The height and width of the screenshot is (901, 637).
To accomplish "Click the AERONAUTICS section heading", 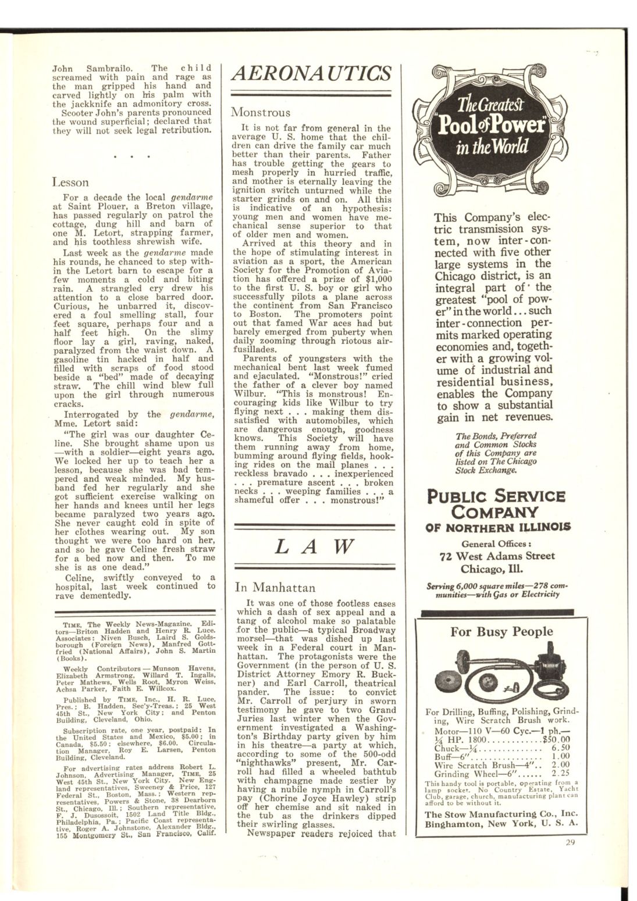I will pyautogui.click(x=311, y=73).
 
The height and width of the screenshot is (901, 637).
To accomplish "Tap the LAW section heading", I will pyautogui.click(x=314, y=546).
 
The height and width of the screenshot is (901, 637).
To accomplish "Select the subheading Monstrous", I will pyautogui.click(x=260, y=112).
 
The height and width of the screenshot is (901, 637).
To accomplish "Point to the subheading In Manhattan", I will pyautogui.click(x=275, y=587).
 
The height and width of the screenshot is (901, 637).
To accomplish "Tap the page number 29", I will pyautogui.click(x=570, y=842).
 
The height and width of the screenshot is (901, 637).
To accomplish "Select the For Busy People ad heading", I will pyautogui.click(x=501, y=632).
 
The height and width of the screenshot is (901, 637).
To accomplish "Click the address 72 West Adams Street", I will pyautogui.click(x=497, y=556).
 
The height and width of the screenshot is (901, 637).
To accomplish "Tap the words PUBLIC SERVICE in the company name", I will pyautogui.click(x=496, y=496).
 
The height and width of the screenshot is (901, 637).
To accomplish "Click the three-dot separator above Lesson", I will pyautogui.click(x=134, y=156).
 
